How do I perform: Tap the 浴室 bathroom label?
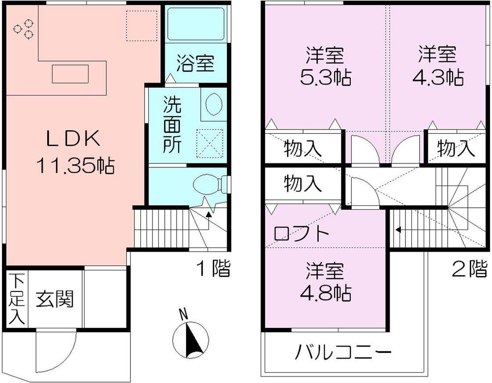point(195,64)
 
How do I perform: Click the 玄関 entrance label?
point(54,299)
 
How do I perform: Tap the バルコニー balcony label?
point(343,352)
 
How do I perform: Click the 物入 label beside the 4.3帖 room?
point(456,147)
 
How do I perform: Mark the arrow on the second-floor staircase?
point(398,229)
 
